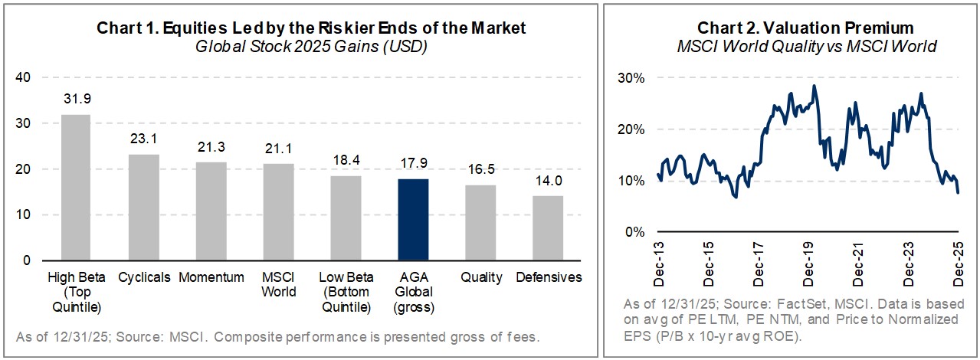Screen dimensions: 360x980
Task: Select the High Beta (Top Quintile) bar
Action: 75,187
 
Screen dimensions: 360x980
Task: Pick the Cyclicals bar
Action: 143,207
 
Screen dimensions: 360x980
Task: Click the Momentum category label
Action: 211,277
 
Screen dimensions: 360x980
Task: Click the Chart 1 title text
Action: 311,28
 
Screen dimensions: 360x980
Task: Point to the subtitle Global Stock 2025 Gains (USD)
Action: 311,46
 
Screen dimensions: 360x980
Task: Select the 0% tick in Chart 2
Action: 633,232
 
